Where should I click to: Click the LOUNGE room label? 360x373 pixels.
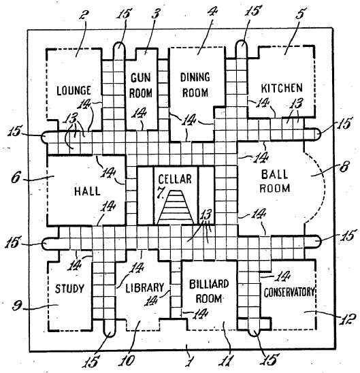pos(73,91)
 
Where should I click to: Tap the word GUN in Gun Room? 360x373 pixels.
pos(140,78)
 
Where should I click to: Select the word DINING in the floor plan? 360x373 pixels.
pos(195,77)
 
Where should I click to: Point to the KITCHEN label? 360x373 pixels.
pos(282,88)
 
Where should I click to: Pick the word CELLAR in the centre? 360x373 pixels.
pos(175,179)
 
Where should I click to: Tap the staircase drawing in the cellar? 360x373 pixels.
pos(176,207)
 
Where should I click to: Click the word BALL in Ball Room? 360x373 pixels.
pos(274,174)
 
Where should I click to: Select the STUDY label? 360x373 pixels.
pos(69,289)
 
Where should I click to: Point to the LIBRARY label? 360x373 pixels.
pos(144,287)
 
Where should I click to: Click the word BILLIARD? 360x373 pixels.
pos(209,284)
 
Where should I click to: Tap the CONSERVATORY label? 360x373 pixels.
pos(289,292)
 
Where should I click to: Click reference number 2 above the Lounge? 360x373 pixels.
pos(84,15)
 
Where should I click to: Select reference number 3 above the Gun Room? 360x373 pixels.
pos(155,14)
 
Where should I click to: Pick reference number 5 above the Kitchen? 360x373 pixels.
pos(300,14)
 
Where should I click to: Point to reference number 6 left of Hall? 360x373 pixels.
pos(16,178)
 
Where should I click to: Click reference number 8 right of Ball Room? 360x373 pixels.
pos(344,166)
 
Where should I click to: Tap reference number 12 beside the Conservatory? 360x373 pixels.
pos(348,319)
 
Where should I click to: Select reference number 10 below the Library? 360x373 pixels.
pos(127,361)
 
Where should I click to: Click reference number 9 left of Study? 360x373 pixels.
pos(18,306)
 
